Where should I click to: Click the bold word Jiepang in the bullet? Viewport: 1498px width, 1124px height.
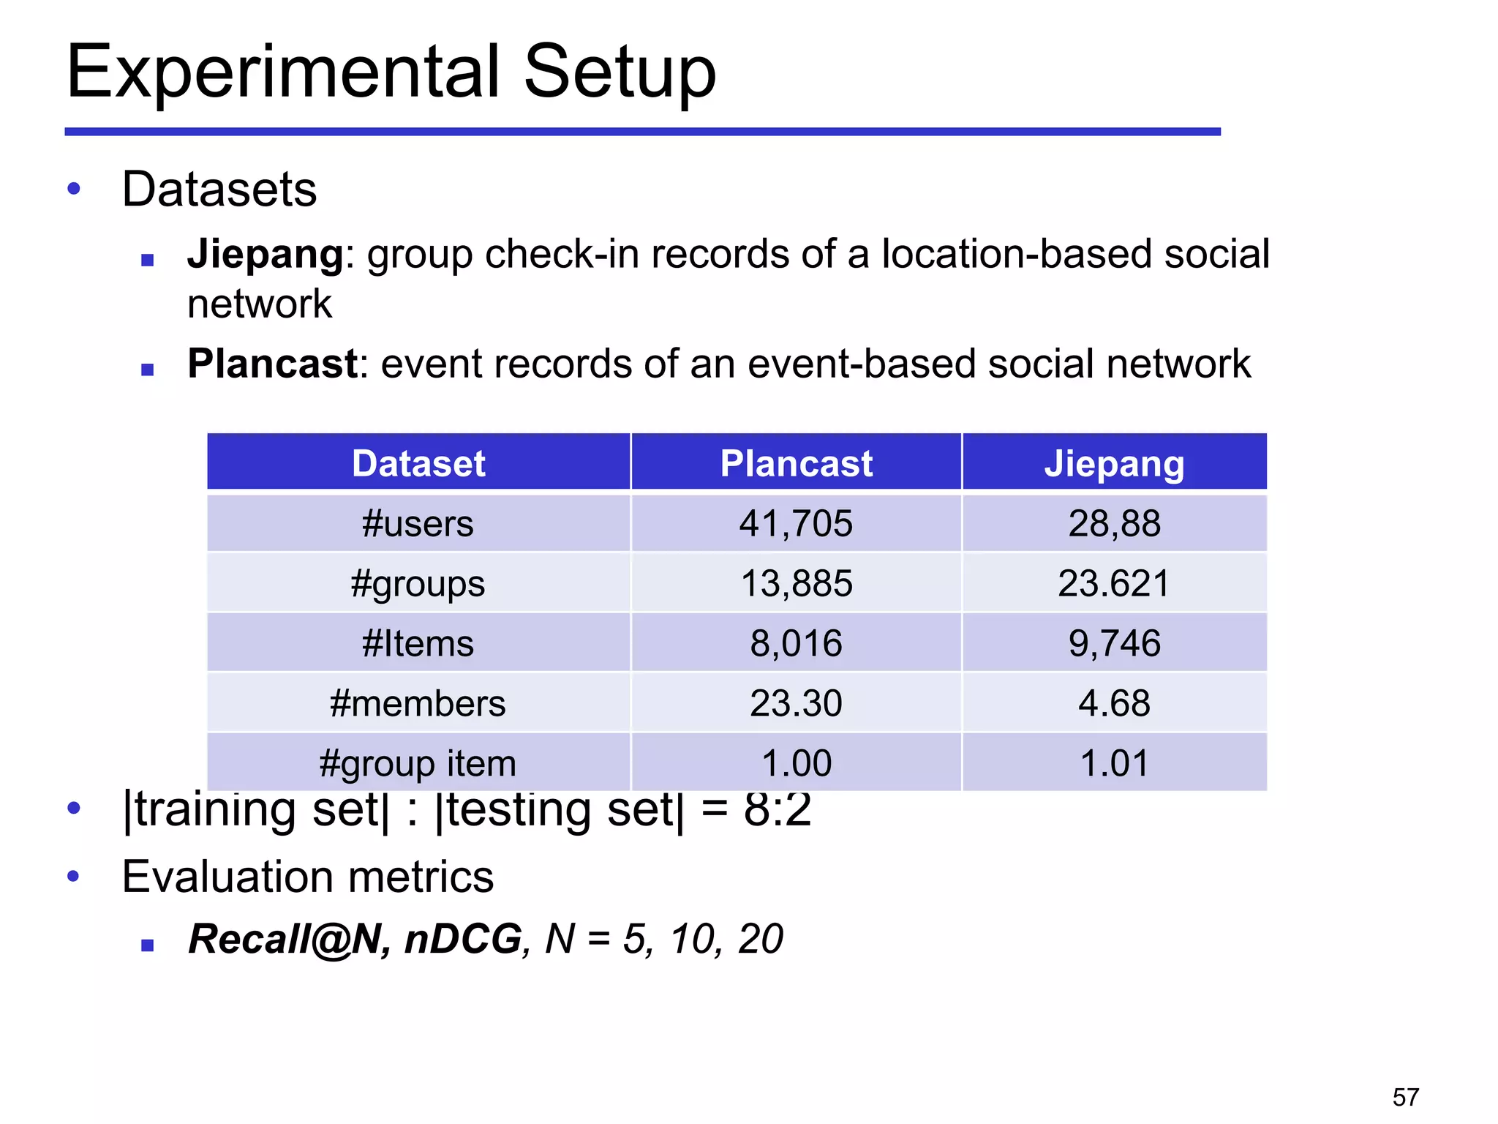[265, 254]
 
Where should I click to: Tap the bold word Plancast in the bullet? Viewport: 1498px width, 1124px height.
[272, 363]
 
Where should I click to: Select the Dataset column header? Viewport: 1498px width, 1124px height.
[418, 463]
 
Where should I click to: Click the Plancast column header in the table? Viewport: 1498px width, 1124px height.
[796, 463]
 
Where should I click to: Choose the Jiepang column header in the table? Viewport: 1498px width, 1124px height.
[1113, 463]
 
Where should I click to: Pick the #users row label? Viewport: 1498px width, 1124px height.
[418, 524]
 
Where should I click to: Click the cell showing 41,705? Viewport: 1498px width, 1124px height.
[796, 524]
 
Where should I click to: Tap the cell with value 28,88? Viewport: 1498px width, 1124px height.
[1114, 524]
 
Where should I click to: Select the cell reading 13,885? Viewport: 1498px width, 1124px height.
[796, 584]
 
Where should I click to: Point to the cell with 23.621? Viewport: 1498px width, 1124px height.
[1114, 584]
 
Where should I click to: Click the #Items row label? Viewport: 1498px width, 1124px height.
[418, 644]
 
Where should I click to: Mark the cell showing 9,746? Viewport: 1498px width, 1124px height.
[1114, 644]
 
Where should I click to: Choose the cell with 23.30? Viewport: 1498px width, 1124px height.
[796, 703]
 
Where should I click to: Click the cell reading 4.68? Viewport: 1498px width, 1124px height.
[1114, 703]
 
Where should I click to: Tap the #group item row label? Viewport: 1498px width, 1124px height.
[418, 763]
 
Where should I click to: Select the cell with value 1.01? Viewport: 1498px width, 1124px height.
[1114, 763]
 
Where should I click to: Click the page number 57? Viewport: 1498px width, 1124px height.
[1405, 1097]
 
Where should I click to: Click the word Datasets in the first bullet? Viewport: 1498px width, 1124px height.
[219, 190]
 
